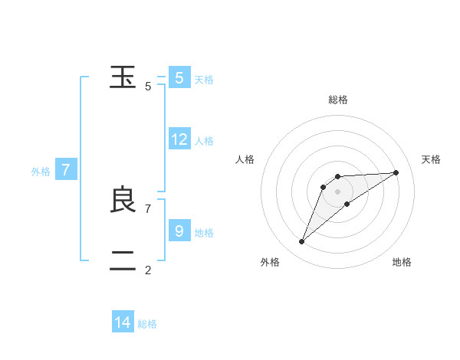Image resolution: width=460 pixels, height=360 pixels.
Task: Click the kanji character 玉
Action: click(x=123, y=77)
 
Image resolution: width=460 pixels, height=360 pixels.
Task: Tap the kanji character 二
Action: click(x=123, y=261)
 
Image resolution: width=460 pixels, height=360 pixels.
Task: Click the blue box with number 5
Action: click(x=179, y=77)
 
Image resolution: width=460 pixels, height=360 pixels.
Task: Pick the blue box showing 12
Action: click(x=179, y=139)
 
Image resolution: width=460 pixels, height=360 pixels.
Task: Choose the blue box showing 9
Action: click(x=179, y=231)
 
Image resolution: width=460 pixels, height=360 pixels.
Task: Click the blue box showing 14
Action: click(x=123, y=322)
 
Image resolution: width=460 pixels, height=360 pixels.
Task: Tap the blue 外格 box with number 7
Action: click(x=66, y=170)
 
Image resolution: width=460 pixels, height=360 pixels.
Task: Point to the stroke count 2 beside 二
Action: click(x=148, y=270)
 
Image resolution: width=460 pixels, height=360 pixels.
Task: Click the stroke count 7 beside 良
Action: click(x=148, y=208)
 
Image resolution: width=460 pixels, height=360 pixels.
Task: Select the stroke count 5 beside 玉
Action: click(x=148, y=87)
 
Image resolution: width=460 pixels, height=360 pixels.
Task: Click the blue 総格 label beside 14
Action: click(x=147, y=324)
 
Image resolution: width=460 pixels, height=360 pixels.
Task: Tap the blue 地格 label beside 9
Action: click(x=204, y=232)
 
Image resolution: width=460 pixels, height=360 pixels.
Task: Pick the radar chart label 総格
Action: click(x=337, y=100)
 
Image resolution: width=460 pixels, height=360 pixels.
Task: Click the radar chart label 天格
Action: click(x=431, y=159)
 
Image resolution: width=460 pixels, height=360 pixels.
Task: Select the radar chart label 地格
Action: click(x=402, y=262)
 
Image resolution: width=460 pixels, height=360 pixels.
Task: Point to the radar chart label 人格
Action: click(x=245, y=159)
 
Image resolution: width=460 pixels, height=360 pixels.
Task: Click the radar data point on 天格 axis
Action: click(x=396, y=172)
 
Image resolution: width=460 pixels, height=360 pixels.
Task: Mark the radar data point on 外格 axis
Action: click(x=302, y=242)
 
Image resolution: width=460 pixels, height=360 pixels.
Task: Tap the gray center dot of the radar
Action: click(x=337, y=191)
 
